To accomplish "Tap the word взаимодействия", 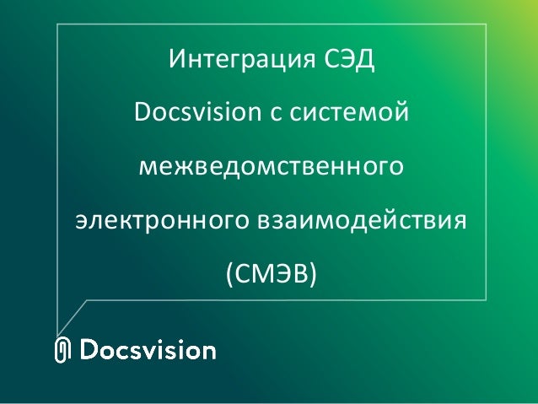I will coord(359,221).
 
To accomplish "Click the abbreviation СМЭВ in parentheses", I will coord(270,273).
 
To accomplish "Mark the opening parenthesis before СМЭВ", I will coord(229,274).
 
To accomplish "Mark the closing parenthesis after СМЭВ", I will coord(312,274).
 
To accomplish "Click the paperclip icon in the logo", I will coord(62,351).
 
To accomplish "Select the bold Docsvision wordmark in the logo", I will coord(148,350).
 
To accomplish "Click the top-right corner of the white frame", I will coord(487,24).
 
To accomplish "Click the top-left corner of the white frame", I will coord(57,24).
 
